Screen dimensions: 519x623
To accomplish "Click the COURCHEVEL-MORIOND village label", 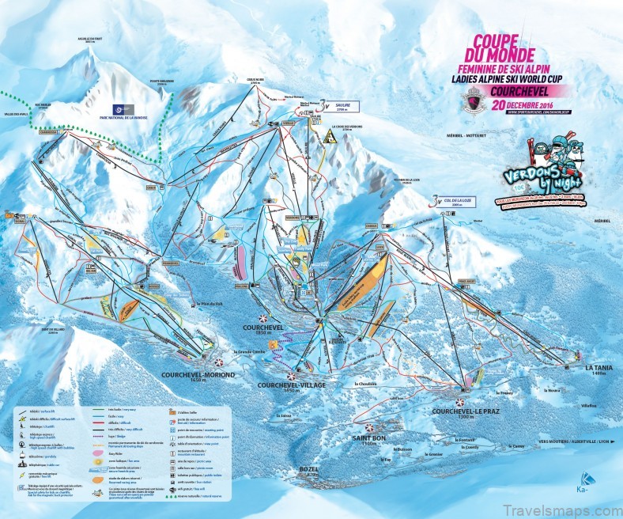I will point(187,376).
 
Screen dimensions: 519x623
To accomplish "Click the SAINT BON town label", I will point(368,440).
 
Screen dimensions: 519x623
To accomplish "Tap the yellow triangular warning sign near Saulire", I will point(327,134).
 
